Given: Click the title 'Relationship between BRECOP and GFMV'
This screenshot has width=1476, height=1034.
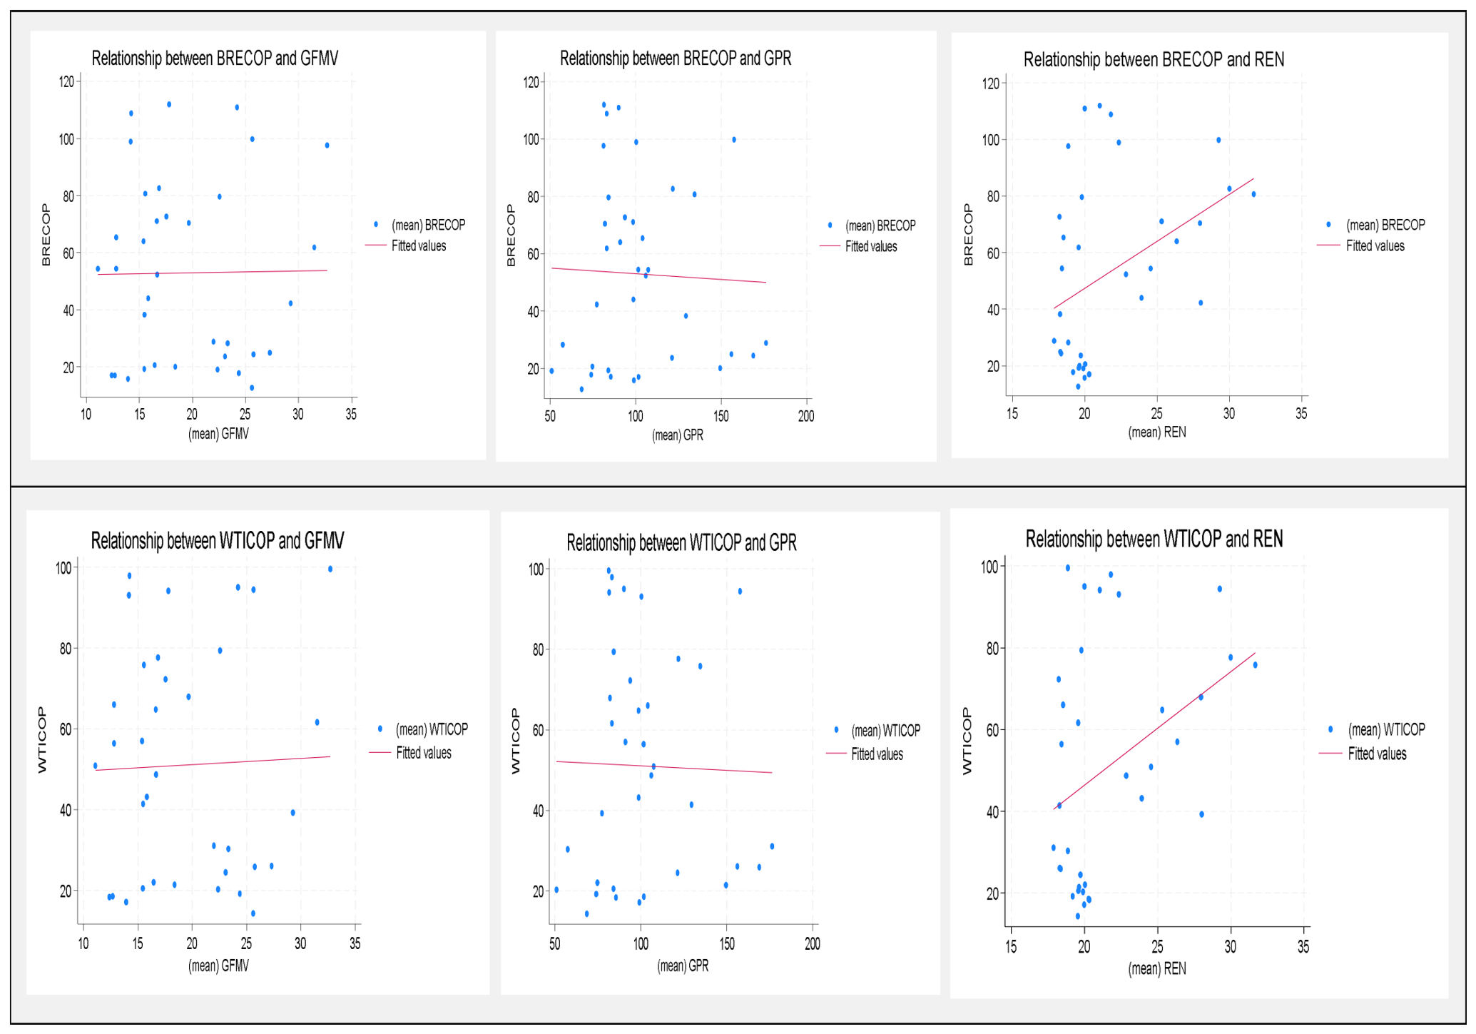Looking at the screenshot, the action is pos(215,58).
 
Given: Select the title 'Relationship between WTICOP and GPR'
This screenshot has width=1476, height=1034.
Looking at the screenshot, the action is pos(681,542).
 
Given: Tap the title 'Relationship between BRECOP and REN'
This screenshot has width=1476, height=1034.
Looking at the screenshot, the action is pos(1154,59).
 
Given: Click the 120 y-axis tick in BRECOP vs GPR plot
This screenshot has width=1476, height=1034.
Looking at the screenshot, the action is pos(531,82).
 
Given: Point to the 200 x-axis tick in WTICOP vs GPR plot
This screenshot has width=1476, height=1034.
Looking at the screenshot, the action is pos(813,943).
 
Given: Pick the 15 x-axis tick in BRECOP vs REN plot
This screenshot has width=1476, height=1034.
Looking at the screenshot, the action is pos(1012,413).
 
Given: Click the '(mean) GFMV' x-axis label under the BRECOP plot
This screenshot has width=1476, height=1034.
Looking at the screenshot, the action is pos(218,434).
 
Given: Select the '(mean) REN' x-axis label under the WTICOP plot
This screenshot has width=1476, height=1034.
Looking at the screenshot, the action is pos(1157,968).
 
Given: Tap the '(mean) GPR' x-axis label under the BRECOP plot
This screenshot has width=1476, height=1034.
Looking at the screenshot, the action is pos(678,435).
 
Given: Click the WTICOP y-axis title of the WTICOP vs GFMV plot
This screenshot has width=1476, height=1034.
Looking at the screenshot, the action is pos(42,740).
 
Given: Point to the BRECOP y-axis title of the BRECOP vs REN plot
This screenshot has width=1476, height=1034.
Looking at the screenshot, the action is pos(968,235).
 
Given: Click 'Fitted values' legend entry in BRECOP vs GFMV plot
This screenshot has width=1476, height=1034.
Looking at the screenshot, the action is pos(419,245).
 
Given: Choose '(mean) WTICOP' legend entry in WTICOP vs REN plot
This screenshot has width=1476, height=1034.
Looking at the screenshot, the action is pos(1386,729).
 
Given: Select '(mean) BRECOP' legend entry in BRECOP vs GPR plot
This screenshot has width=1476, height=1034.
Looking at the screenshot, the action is pos(880,225).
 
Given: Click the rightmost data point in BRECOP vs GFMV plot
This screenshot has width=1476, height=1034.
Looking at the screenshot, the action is pos(327,146).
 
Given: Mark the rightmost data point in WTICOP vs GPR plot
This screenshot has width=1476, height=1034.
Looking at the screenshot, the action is pos(772,846).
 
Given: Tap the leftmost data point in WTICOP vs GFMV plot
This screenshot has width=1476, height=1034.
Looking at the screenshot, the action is pos(96,766).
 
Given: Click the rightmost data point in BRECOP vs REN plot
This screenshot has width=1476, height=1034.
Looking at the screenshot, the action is pos(1253,194).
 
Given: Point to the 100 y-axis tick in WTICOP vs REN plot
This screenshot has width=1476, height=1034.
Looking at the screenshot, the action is pos(989,567).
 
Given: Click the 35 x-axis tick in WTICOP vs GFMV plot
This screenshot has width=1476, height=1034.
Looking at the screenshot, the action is pos(355,943).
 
